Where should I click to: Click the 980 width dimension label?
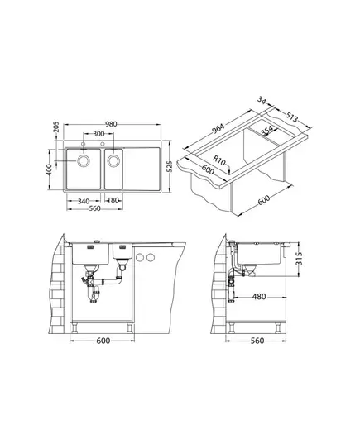point(111,124)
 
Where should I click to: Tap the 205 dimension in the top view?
point(56,127)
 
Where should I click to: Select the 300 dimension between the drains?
point(98,134)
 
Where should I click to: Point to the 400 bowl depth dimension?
point(49,169)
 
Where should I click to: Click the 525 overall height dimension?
point(169,166)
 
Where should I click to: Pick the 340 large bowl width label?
point(84,201)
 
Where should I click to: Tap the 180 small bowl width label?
point(113,200)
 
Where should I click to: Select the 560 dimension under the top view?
point(94,208)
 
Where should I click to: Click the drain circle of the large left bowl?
point(84,161)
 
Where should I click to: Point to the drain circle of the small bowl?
point(113,161)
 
